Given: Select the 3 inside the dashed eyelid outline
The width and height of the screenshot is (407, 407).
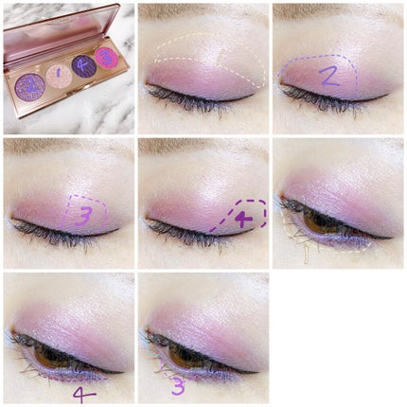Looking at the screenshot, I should coord(84,217).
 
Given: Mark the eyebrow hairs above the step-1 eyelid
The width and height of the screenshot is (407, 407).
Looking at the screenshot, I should coord(203,9).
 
